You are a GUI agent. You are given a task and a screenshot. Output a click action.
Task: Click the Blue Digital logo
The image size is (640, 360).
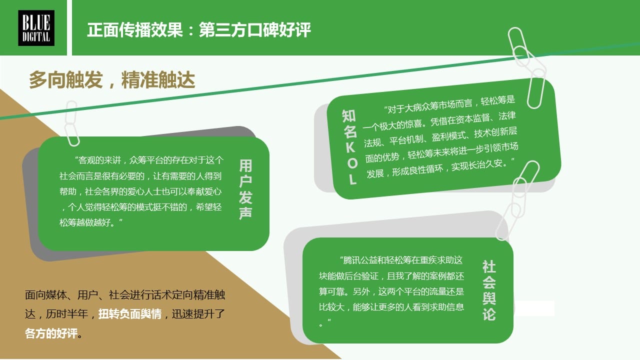36,28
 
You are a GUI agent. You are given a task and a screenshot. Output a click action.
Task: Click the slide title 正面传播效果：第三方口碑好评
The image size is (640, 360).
199,29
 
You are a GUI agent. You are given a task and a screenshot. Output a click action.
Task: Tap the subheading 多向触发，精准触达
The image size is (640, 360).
112,79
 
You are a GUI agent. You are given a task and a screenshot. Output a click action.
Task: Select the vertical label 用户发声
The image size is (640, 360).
245,189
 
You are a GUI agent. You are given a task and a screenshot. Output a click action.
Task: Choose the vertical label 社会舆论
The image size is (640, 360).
489,290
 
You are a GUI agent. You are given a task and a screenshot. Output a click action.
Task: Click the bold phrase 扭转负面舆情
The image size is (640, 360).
130,314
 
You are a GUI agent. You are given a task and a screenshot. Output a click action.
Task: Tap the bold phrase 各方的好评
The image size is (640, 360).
51,333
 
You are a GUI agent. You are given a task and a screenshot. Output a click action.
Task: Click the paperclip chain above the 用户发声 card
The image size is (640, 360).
71,123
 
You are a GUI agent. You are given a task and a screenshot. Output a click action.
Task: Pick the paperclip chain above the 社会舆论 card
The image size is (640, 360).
517,200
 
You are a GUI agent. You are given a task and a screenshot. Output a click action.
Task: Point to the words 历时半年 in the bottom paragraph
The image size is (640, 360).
67,314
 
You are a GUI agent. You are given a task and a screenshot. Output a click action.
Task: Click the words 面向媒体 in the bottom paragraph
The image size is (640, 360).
45,295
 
